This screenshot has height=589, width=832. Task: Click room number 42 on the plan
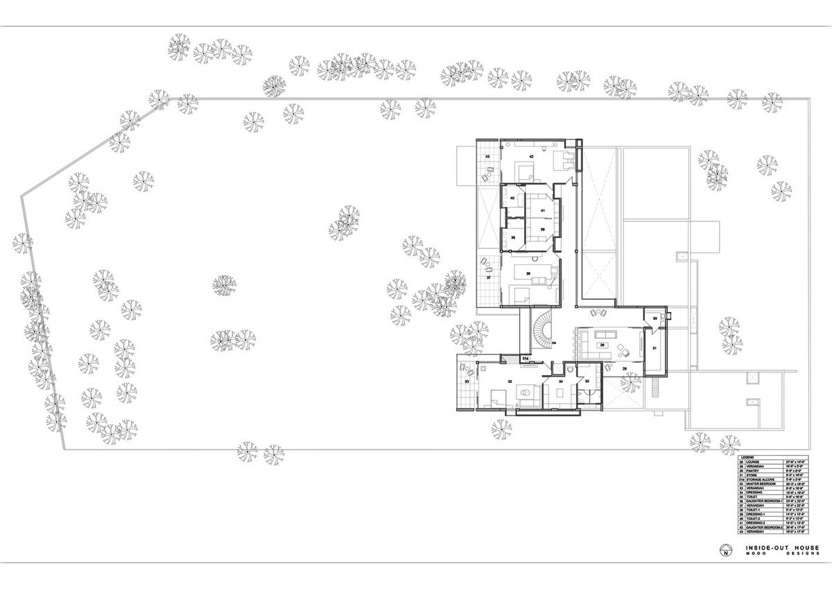pos(531,157)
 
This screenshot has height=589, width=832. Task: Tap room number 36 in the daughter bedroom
pos(528,274)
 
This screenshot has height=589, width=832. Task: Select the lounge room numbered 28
pos(603,344)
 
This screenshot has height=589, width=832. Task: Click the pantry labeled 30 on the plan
pos(655,318)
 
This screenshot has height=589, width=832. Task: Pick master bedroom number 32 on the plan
pos(510,381)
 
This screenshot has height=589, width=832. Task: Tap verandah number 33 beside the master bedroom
pos(467,382)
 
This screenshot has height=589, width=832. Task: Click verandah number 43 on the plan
pos(487,157)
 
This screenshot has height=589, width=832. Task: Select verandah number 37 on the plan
pos(488,277)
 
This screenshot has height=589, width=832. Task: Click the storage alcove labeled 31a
pos(526,359)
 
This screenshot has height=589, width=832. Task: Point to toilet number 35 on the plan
pos(587,381)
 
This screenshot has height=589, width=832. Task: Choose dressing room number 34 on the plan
pos(561,381)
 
